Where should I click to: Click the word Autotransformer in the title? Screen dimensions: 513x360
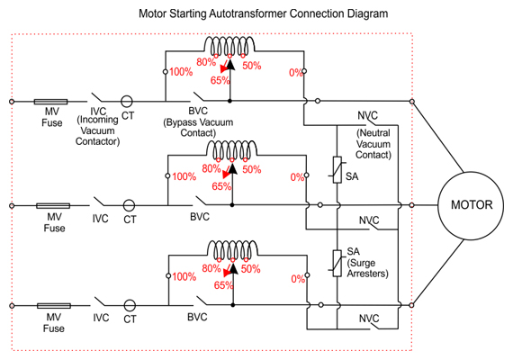coord(247,13)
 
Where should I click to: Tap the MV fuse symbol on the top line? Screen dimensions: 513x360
coord(50,102)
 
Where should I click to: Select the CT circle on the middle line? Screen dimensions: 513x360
coord(129,205)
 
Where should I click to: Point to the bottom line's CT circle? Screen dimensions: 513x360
coord(130,305)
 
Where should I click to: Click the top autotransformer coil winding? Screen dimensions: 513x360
coord(229,45)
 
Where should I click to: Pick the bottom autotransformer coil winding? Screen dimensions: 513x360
coord(232,249)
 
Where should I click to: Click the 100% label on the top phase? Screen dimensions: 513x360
coord(181,72)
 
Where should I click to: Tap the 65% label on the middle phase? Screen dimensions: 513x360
coord(221,186)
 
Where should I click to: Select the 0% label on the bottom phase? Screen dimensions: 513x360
coord(298,279)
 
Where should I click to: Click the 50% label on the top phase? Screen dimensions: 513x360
coord(252,66)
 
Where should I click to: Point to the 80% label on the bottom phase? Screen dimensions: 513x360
coord(211,268)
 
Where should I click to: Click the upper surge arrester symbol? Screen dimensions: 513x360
coord(337,169)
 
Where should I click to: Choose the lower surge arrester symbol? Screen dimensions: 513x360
coord(337,264)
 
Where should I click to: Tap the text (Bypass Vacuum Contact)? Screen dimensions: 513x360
coord(198,128)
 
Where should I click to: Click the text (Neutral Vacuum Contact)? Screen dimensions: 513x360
coord(373,144)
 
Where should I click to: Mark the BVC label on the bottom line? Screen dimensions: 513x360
coord(197,317)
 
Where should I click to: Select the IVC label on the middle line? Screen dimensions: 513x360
coord(100,219)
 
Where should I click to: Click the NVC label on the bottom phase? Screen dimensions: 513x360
coord(369,318)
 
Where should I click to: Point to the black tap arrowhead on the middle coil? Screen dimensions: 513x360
coord(232,168)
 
